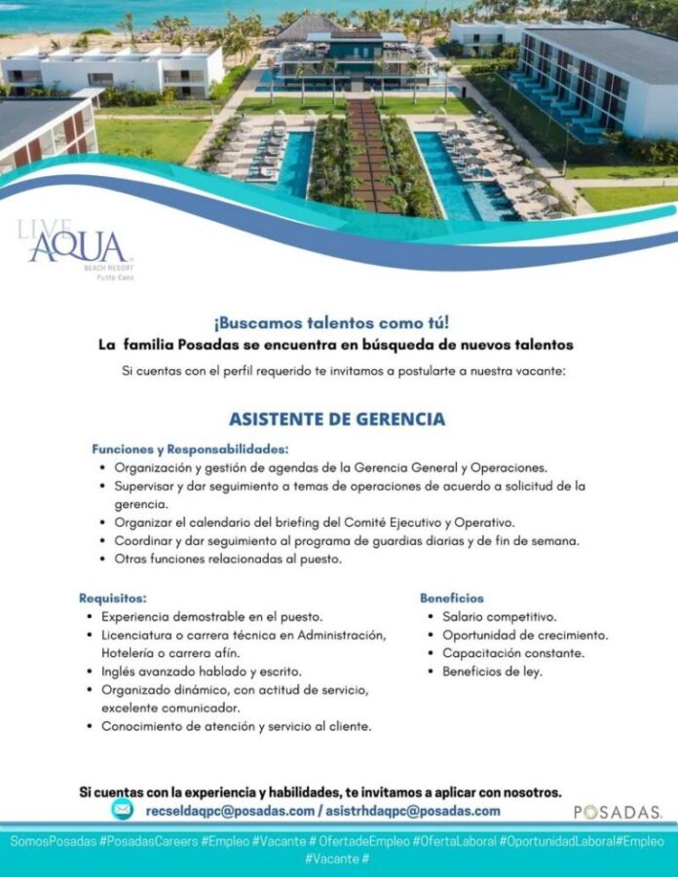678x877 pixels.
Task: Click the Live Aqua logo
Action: (75, 248)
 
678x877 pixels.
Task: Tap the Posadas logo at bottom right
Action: (618, 812)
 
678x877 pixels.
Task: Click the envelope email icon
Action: (122, 810)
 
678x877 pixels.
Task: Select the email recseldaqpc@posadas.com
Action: (229, 811)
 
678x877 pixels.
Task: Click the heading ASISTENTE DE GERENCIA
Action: (337, 420)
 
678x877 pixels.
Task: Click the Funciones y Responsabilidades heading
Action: (190, 449)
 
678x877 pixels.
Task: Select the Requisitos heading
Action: (113, 598)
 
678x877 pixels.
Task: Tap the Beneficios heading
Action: (451, 598)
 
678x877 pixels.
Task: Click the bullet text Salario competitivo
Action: (499, 616)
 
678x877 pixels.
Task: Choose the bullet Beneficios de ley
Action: (492, 672)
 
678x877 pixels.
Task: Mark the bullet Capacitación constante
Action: (512, 653)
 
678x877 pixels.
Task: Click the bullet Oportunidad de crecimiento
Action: (524, 635)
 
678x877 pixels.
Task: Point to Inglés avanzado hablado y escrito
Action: (202, 672)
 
